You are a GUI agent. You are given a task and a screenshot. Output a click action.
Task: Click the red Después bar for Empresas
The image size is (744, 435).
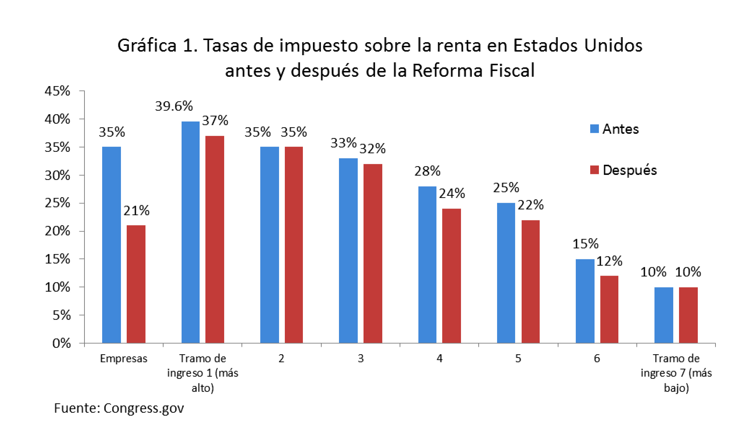pyautogui.click(x=136, y=284)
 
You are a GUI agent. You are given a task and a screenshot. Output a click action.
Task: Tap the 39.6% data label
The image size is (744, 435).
pyautogui.click(x=174, y=106)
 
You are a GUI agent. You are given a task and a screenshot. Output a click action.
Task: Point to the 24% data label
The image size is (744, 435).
pyautogui.click(x=452, y=194)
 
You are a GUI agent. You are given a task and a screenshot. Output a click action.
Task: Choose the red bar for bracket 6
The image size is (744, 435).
pyautogui.click(x=609, y=309)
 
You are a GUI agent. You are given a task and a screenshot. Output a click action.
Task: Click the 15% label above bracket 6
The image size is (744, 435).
pyautogui.click(x=586, y=244)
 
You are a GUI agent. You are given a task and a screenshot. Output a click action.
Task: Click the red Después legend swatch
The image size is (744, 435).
pyautogui.click(x=595, y=170)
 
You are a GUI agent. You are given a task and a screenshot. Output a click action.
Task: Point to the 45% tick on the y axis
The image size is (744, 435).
pyautogui.click(x=57, y=91)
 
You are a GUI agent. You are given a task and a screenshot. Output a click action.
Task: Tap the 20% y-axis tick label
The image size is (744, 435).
pyautogui.click(x=57, y=231)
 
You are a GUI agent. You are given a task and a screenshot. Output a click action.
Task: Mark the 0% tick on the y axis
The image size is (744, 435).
pyautogui.click(x=61, y=343)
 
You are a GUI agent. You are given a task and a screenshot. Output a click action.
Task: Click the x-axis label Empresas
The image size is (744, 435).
pyautogui.click(x=124, y=359)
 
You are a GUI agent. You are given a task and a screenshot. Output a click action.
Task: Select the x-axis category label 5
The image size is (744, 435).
pyautogui.click(x=518, y=359)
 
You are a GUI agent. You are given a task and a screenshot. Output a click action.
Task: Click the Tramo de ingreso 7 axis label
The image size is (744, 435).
pyautogui.click(x=676, y=373)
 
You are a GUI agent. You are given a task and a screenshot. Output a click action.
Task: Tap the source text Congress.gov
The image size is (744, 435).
pyautogui.click(x=144, y=408)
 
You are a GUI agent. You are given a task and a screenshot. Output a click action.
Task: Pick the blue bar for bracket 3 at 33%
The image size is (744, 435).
pyautogui.click(x=348, y=250)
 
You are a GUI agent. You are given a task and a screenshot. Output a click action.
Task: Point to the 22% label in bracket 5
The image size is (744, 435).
pyautogui.click(x=531, y=205)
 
